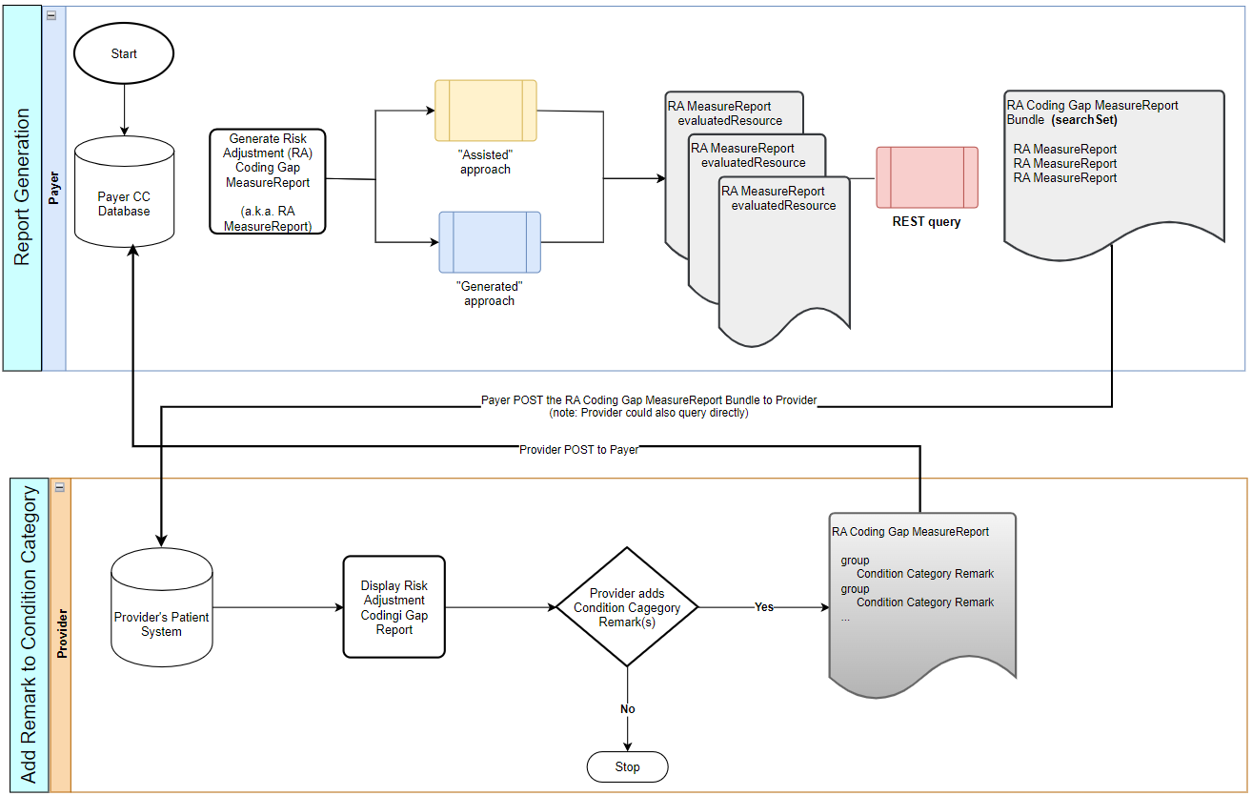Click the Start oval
(x=124, y=54)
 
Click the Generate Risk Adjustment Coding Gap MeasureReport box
(x=268, y=182)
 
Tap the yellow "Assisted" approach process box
(x=486, y=111)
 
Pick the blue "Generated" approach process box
(x=490, y=242)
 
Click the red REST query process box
(x=927, y=177)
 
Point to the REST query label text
(x=926, y=222)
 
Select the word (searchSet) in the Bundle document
(x=1084, y=120)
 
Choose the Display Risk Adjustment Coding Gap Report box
(x=394, y=607)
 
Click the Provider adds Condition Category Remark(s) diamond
(x=627, y=607)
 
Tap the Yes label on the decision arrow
(x=764, y=607)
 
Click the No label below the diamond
(x=627, y=709)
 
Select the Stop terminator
(x=627, y=766)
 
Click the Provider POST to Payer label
(x=578, y=449)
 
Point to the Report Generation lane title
(x=23, y=188)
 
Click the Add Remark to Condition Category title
(x=29, y=635)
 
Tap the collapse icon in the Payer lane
(x=50, y=15)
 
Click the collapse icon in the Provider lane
(x=59, y=487)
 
